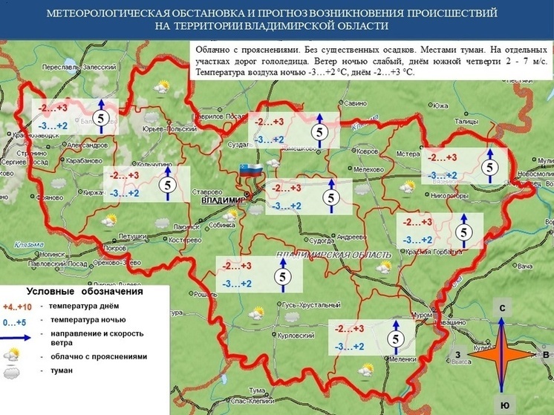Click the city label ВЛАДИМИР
click(223, 200)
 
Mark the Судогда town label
click(321, 241)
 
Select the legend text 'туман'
click(61, 371)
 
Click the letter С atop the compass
click(503, 307)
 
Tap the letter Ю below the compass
click(504, 405)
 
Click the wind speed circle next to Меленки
click(396, 339)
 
